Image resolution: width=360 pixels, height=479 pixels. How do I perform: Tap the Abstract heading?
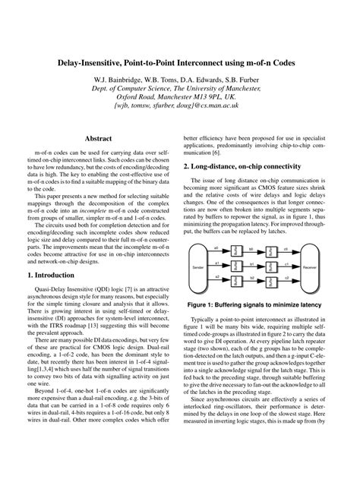[98, 139]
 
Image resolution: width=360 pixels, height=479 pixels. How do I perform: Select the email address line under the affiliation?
[180, 108]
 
